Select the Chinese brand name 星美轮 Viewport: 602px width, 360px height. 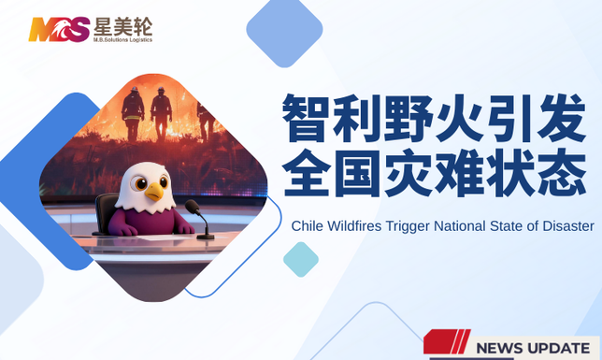point(122,24)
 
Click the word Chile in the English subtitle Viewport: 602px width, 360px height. point(308,226)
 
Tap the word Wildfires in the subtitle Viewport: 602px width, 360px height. point(358,226)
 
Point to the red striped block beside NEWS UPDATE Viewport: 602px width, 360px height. point(447,342)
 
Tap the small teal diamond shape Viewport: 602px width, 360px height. point(301,259)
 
